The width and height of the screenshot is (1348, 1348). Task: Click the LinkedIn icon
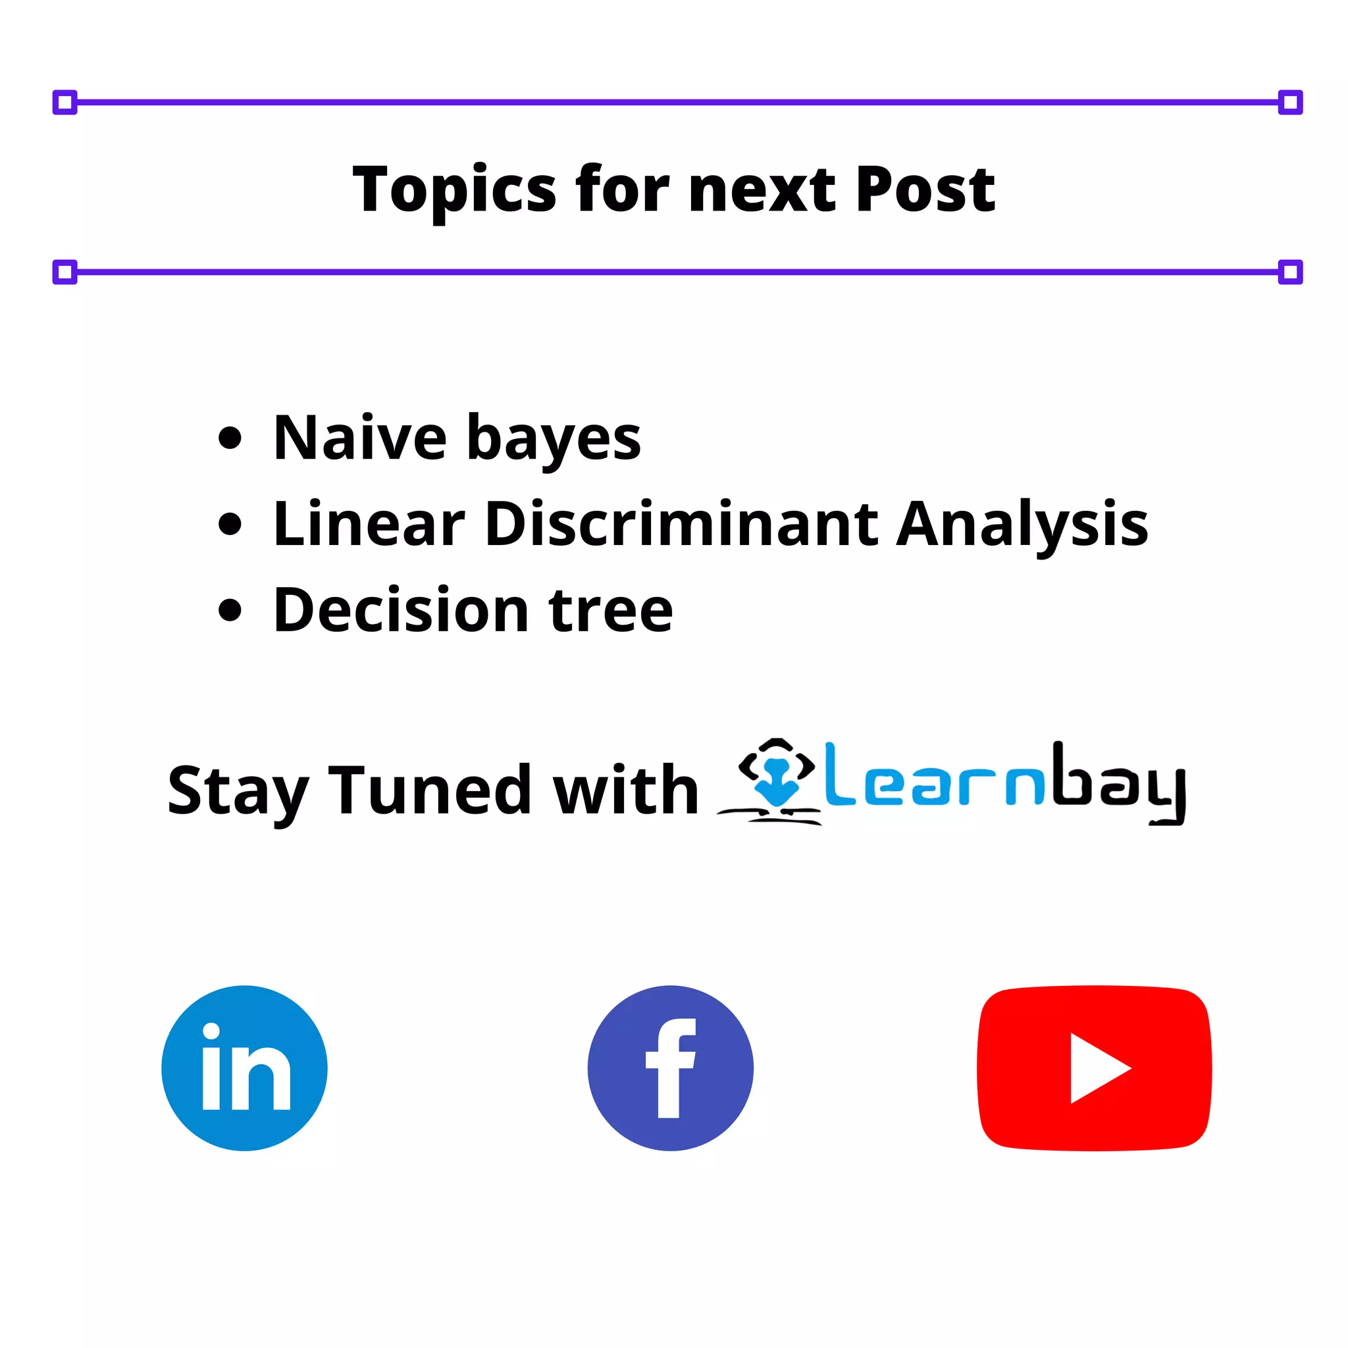click(x=244, y=1068)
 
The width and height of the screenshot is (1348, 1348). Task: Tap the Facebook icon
click(x=670, y=1068)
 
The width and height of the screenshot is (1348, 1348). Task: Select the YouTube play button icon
click(x=1093, y=1068)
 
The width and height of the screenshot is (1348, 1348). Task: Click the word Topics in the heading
click(x=454, y=190)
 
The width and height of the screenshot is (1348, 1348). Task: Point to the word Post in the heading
click(x=925, y=190)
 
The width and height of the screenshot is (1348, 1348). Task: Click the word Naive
click(x=360, y=438)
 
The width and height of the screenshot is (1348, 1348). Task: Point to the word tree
click(x=611, y=611)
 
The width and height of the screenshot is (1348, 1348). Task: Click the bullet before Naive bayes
click(x=230, y=438)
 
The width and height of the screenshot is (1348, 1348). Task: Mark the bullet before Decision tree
click(x=230, y=609)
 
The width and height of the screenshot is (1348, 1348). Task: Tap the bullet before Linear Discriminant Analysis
click(x=230, y=524)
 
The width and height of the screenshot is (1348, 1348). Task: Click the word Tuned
click(x=429, y=791)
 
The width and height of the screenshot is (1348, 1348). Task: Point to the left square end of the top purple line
click(x=65, y=103)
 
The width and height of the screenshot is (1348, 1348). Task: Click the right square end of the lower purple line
click(x=1290, y=271)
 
